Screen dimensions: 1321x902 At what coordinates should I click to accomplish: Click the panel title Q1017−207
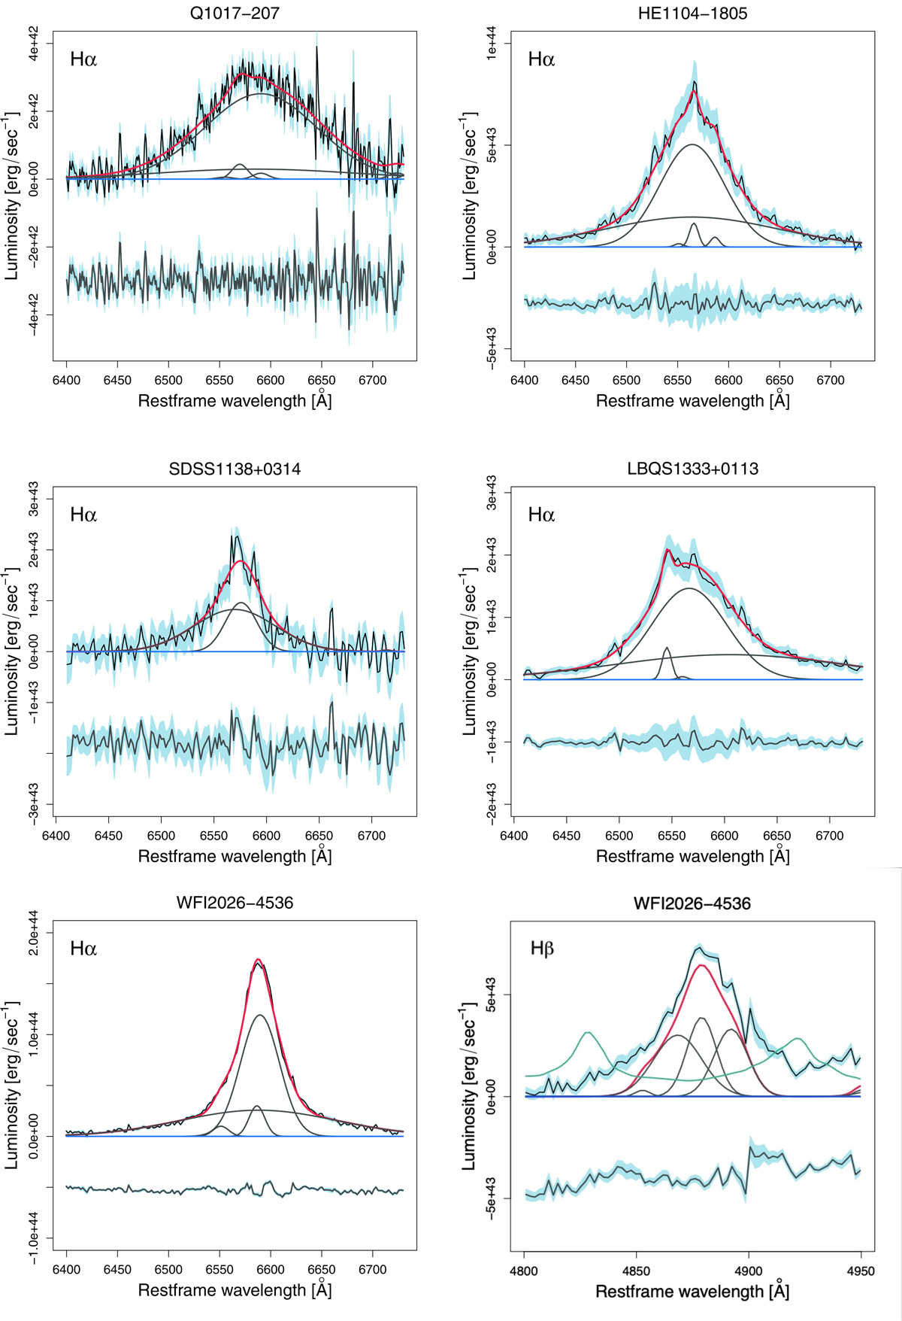pyautogui.click(x=235, y=13)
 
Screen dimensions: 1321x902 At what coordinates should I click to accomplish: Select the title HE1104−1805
pyautogui.click(x=692, y=13)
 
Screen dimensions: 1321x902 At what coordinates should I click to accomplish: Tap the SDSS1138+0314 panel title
pyautogui.click(x=235, y=469)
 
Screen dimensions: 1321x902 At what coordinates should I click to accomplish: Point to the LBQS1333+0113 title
pyautogui.click(x=692, y=469)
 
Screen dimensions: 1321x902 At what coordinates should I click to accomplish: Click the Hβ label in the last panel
pyautogui.click(x=542, y=949)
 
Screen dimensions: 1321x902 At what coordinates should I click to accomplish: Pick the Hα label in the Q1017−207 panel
pyautogui.click(x=83, y=59)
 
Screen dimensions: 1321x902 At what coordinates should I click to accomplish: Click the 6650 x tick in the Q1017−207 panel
pyautogui.click(x=322, y=381)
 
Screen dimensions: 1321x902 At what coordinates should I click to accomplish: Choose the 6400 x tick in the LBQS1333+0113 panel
pyautogui.click(x=513, y=836)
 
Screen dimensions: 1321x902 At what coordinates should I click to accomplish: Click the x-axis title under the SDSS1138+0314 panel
pyautogui.click(x=235, y=856)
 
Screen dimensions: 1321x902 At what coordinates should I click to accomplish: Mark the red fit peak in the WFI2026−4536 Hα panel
pyautogui.click(x=259, y=960)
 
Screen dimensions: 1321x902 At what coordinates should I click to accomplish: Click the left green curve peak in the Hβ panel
pyautogui.click(x=588, y=1033)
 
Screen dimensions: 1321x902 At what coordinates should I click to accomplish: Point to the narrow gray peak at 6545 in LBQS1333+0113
pyautogui.click(x=666, y=648)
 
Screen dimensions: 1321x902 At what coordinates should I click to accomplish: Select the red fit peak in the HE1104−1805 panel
pyautogui.click(x=694, y=92)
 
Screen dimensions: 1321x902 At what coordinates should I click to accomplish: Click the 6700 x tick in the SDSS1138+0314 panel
pyautogui.click(x=371, y=836)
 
